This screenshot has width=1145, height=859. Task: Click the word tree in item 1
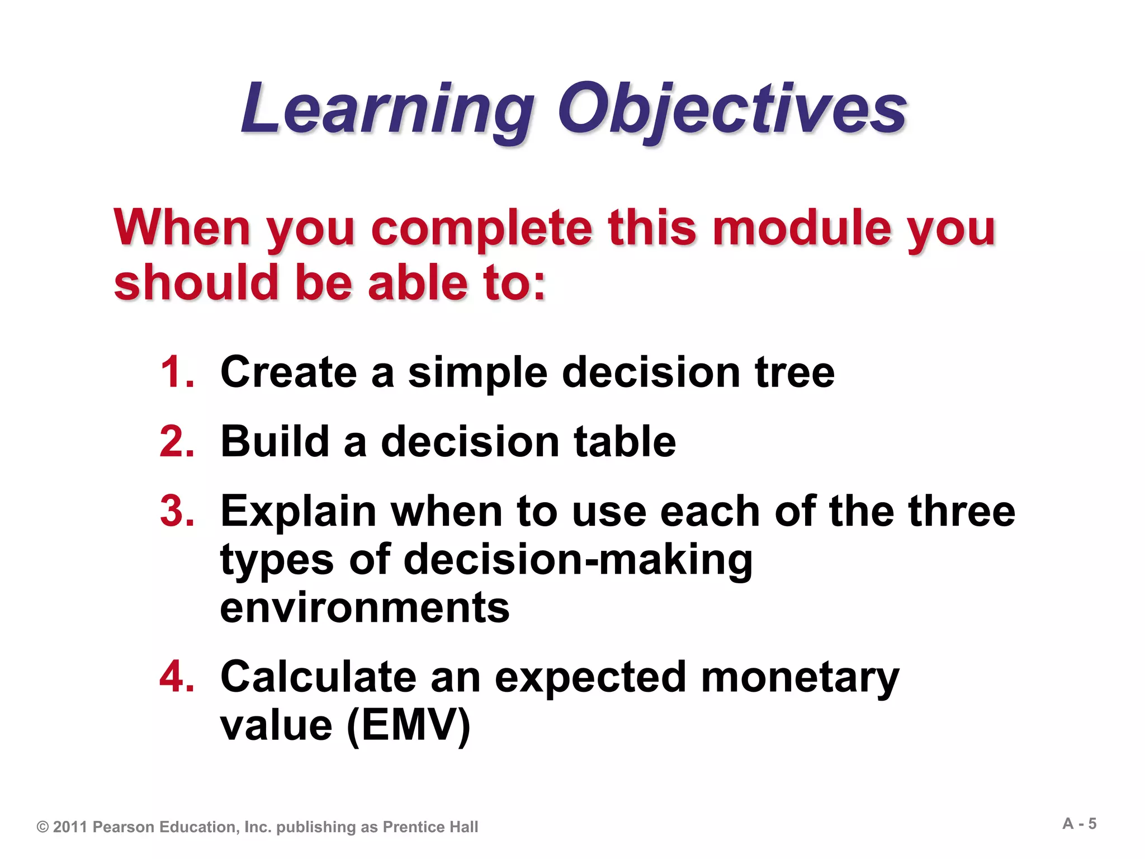tap(794, 372)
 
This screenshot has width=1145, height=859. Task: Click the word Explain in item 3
tap(299, 512)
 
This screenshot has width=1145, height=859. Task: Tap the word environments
tap(365, 608)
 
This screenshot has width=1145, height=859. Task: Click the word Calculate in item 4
tap(318, 677)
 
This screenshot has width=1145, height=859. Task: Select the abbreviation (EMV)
tap(409, 726)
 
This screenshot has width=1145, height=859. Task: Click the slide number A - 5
tap(1079, 824)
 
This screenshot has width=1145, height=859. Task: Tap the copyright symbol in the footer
tap(42, 827)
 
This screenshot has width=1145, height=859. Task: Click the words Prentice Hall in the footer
tap(430, 827)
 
